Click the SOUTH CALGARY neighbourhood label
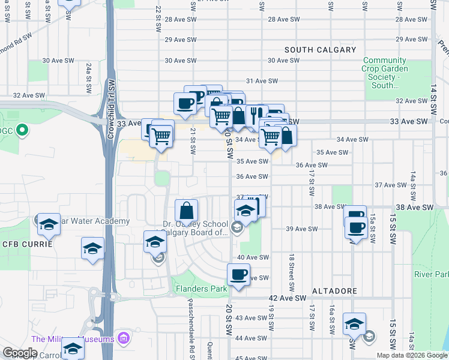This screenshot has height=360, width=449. (x=321, y=50)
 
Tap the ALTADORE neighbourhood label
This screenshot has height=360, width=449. (x=334, y=291)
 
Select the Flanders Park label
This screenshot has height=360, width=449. (x=201, y=289)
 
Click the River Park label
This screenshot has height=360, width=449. (x=430, y=274)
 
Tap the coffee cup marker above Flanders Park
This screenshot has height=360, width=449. (x=238, y=275)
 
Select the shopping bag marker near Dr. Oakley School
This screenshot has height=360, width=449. (x=187, y=210)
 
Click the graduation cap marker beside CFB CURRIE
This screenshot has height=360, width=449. (x=92, y=247)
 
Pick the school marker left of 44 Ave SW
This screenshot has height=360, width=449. (x=354, y=325)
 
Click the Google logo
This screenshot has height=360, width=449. (x=20, y=353)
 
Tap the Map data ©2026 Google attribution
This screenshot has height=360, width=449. (x=412, y=355)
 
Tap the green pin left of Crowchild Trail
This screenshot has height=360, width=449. (x=22, y=130)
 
